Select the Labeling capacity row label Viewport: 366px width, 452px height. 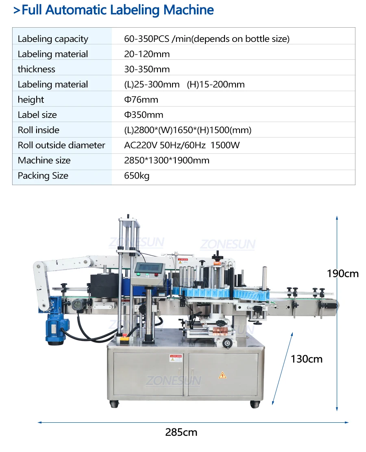pos(53,39)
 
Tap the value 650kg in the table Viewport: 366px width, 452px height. pos(137,176)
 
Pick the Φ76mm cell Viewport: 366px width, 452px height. pos(141,100)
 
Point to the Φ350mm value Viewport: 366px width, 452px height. pos(144,115)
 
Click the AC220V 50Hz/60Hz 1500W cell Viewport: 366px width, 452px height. pos(181,145)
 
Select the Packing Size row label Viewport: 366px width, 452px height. pos(43,176)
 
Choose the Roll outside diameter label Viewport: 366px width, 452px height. pos(61,145)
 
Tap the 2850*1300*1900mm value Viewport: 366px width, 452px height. pos(167,160)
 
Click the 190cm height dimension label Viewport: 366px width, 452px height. pos(343,273)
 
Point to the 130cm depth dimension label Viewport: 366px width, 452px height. pos(306,359)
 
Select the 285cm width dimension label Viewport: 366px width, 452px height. pos(181,432)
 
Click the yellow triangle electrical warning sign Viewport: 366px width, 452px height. pos(222,375)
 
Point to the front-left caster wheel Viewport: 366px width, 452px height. pos(114,404)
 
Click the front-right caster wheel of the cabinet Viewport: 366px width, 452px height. pos(255,404)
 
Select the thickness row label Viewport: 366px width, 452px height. pos(36,69)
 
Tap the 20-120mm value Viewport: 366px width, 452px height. pos(147,54)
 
